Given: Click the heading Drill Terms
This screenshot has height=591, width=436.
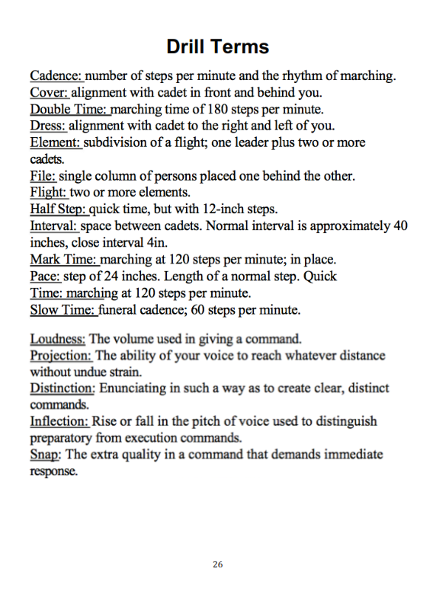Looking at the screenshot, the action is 217,46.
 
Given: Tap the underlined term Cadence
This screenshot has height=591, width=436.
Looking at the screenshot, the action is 56,76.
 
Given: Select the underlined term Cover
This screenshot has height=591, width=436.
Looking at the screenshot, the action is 50,93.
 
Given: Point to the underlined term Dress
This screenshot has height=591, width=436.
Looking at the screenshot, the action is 49,126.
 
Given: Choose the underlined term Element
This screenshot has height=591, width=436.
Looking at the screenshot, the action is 55,142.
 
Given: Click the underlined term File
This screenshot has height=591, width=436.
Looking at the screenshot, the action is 43,176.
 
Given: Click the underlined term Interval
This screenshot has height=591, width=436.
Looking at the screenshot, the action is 54,226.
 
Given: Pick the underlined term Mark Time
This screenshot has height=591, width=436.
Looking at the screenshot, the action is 61,260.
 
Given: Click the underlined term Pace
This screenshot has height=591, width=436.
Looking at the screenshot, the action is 46,276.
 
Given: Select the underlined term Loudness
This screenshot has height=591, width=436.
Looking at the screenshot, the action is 58,339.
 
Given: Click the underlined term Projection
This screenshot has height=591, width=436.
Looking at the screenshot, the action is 60,356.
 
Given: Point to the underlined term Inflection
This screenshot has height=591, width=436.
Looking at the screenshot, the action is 59,421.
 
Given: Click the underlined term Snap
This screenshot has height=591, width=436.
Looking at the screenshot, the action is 46,455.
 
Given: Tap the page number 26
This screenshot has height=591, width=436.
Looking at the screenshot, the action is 218,564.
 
